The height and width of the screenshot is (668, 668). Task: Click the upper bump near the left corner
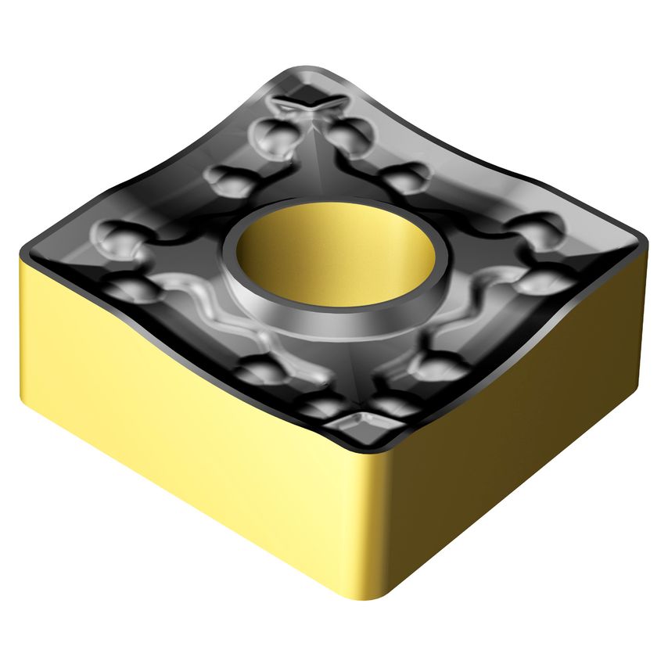(x=117, y=235)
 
